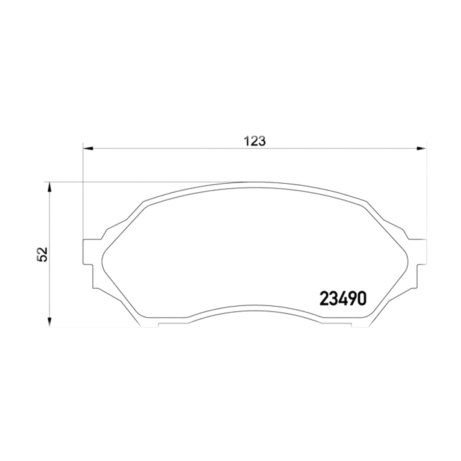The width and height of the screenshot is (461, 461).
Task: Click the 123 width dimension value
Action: [x=255, y=141]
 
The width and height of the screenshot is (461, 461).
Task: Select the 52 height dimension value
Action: [x=42, y=255]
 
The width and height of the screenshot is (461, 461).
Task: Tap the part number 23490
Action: [x=343, y=298]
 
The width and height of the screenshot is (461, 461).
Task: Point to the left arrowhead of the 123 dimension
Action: [x=88, y=149]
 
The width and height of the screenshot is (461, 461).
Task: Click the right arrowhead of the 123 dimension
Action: [x=421, y=149]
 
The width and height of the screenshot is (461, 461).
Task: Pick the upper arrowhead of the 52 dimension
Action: [x=49, y=187]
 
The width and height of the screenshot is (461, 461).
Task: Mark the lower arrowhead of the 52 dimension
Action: [x=49, y=322]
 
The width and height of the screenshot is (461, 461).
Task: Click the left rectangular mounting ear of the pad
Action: [x=88, y=252]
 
